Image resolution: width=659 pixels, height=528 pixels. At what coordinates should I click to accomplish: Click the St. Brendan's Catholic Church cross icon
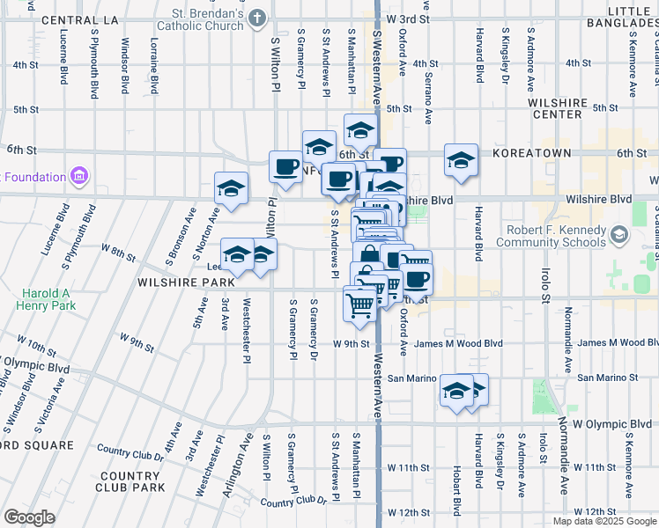coord(256,18)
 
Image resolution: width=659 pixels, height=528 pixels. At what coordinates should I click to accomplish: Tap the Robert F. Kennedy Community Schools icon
coord(619,234)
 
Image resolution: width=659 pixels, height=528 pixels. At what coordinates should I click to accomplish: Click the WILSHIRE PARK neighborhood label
coord(184,282)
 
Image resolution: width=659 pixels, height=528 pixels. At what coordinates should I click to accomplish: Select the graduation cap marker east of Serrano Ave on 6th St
coord(461,160)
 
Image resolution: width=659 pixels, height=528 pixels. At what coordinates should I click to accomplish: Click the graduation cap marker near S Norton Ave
coord(232,188)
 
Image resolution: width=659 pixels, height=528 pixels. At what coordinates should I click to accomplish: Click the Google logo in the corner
coord(29,517)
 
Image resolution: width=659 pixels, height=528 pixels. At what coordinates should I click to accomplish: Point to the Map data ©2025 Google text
coord(604,521)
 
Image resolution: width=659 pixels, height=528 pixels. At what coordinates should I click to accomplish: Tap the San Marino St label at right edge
coord(607,378)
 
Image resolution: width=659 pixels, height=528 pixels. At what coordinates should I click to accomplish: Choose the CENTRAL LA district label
coord(79,19)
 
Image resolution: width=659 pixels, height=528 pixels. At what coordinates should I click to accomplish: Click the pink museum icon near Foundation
coord(79,176)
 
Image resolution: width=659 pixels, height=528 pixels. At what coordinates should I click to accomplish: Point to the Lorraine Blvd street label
coord(153,66)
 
